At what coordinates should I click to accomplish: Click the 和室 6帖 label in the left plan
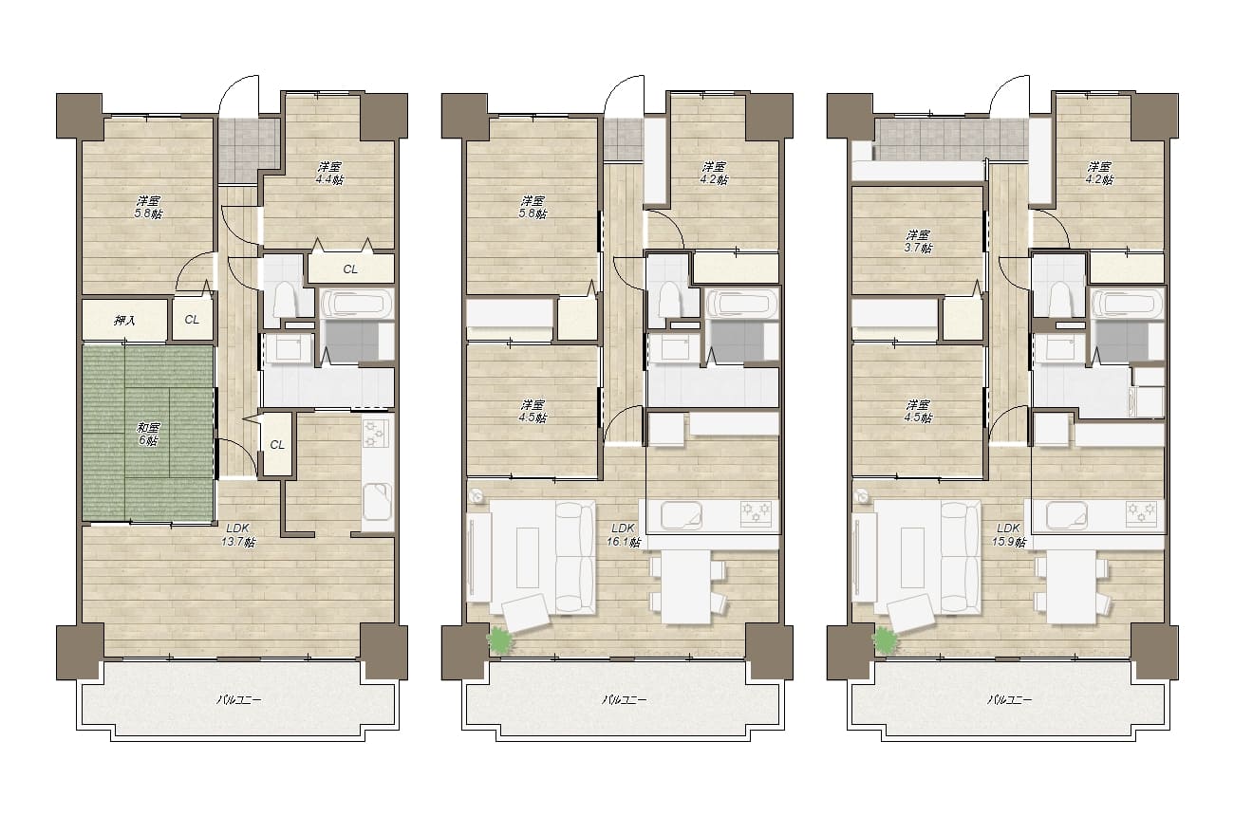(148, 434)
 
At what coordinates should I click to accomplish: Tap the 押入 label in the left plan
(124, 320)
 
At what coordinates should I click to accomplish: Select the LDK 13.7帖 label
(238, 534)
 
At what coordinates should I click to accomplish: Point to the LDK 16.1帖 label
(624, 534)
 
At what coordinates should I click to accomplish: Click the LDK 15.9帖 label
(1009, 534)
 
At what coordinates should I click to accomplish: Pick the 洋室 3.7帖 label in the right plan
(918, 241)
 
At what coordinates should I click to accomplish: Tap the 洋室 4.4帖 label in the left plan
(329, 173)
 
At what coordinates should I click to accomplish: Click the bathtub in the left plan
(357, 305)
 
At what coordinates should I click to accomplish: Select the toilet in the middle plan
(670, 299)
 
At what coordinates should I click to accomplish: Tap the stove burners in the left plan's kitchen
(377, 433)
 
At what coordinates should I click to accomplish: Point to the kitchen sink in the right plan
(1067, 515)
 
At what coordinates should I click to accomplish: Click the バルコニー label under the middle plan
(624, 700)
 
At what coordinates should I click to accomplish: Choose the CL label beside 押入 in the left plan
(192, 320)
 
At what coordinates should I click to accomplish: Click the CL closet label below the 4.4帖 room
(350, 269)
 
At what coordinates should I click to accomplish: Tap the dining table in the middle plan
(686, 586)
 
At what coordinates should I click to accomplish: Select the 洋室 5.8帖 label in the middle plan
(533, 207)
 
